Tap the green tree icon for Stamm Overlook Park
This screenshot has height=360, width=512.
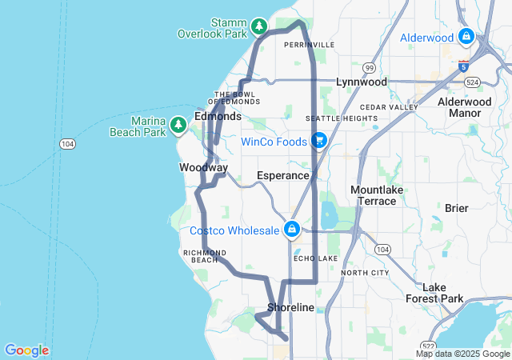(259, 27)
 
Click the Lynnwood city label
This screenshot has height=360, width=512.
(361, 82)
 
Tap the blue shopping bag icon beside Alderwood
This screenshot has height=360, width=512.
(466, 37)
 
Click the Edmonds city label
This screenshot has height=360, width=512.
(218, 116)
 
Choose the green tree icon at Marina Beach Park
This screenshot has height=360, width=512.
(178, 125)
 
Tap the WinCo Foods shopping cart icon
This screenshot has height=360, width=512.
(318, 141)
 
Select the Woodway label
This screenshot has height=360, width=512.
(203, 168)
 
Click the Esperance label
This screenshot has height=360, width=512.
(282, 175)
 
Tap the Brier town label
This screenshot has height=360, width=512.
(456, 208)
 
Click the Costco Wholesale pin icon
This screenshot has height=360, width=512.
(293, 230)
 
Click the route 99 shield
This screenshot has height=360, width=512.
(369, 68)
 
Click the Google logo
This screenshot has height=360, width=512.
(26, 350)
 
